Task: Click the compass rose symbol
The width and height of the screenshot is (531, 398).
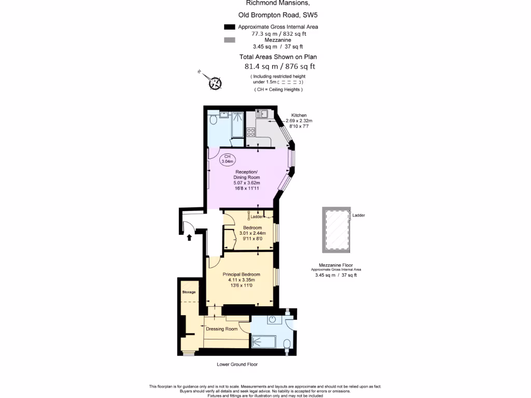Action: tap(215, 82)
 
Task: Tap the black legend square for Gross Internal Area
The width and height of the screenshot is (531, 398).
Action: tap(229, 27)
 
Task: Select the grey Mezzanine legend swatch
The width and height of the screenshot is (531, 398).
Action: tap(229, 40)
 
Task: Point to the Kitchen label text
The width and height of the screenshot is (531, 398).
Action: tap(299, 115)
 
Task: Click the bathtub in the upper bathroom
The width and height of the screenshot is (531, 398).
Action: tap(237, 124)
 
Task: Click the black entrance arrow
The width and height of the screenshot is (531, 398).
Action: tap(189, 238)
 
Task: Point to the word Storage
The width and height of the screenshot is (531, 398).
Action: tap(189, 292)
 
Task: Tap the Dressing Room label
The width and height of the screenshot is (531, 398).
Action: tap(221, 329)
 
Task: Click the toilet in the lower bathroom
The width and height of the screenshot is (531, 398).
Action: tap(287, 344)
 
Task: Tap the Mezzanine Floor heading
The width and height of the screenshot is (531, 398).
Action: tap(336, 265)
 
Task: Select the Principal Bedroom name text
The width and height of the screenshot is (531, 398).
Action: tap(241, 274)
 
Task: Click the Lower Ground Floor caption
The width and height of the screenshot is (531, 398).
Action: tap(237, 364)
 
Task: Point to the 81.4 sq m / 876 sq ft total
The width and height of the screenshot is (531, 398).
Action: tap(280, 66)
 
